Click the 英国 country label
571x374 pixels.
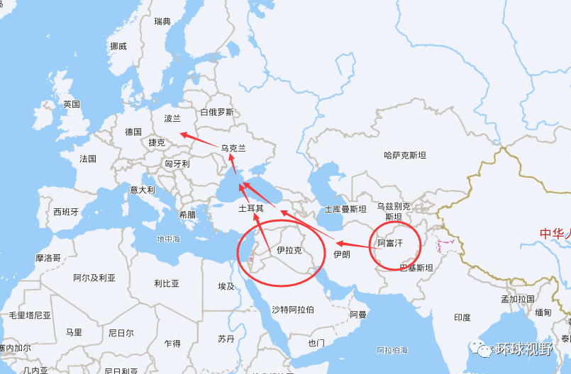72,104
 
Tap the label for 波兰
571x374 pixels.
172,118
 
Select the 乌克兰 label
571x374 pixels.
233,149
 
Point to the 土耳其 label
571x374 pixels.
251,209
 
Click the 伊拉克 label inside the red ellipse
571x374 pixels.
289,250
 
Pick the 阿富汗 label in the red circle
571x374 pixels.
389,243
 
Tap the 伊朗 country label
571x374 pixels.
341,254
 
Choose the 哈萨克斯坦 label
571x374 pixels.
405,154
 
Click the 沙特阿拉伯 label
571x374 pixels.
292,310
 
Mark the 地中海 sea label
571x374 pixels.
169,239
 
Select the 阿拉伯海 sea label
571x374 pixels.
392,350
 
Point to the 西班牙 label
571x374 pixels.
66,212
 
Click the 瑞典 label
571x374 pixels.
163,22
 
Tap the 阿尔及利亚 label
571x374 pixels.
94,278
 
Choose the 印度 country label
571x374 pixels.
462,317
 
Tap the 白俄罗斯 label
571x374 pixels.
217,112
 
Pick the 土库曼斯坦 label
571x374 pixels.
345,210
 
